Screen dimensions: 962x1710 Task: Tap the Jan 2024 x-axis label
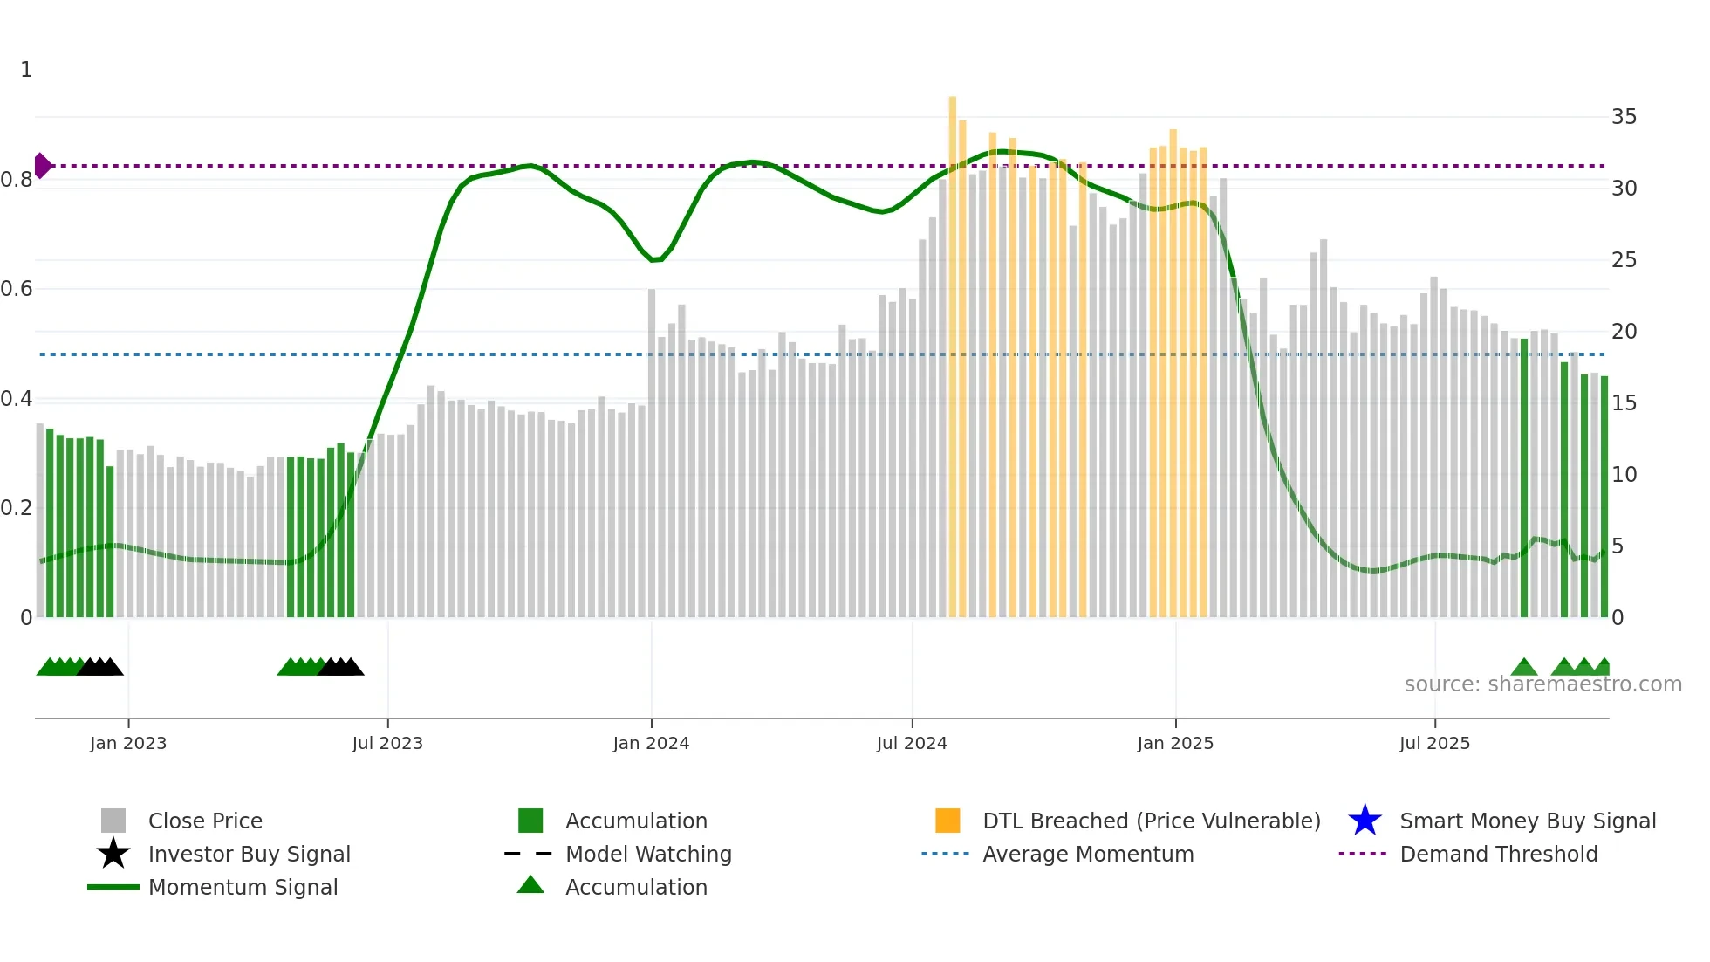[x=651, y=744]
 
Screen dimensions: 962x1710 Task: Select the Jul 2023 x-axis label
[x=387, y=744]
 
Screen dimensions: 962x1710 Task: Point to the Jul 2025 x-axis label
[x=1434, y=744]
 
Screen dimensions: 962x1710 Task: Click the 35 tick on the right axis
[x=1624, y=117]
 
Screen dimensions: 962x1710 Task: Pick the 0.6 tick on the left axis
[x=17, y=289]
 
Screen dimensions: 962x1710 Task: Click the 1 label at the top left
[x=26, y=70]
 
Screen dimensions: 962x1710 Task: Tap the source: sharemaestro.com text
[x=1542, y=684]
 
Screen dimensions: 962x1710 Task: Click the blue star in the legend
[x=1365, y=821]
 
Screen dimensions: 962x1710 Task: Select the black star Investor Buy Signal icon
[x=113, y=854]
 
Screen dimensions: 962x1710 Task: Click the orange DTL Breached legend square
[x=947, y=821]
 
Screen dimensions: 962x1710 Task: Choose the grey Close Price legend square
[x=113, y=821]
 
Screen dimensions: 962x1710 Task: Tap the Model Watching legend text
[x=648, y=854]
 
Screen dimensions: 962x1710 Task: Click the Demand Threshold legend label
[x=1498, y=854]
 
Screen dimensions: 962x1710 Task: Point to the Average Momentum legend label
[x=1088, y=854]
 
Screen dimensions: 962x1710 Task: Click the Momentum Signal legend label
[x=243, y=887]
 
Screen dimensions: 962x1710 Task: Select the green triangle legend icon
[x=530, y=885]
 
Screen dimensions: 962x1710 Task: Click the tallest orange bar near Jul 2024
[x=953, y=349]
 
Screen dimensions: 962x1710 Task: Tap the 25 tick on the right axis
[x=1624, y=260]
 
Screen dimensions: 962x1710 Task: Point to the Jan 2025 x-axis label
[x=1175, y=744]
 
